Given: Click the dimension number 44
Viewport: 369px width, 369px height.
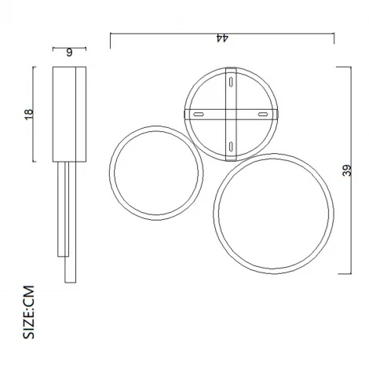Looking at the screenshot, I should click(222, 38).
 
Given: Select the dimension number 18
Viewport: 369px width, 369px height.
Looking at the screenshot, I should click(29, 115).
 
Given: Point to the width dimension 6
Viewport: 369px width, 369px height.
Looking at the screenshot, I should click(69, 53).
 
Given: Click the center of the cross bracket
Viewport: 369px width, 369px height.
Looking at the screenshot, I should click(230, 115).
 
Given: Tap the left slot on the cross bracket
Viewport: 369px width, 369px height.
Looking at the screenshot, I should click(199, 115).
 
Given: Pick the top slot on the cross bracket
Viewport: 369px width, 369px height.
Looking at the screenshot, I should click(231, 81).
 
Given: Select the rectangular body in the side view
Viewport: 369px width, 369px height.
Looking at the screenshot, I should click(68, 115).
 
